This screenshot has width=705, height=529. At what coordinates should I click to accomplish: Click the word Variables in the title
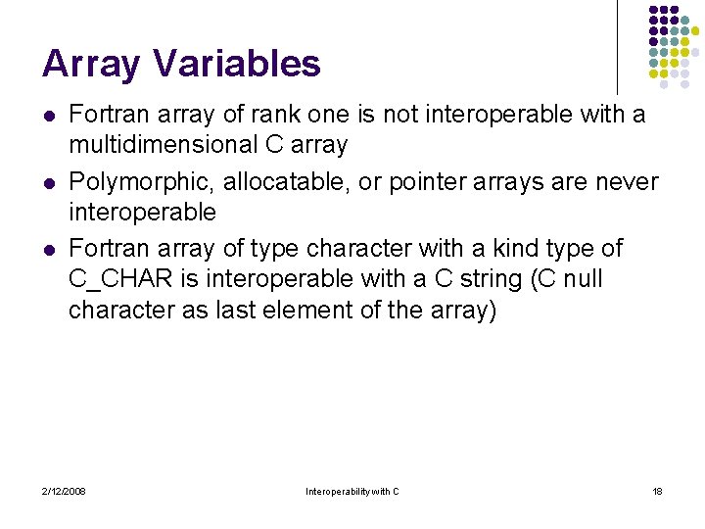[236, 65]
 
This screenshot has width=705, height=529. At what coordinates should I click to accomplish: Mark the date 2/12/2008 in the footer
[64, 491]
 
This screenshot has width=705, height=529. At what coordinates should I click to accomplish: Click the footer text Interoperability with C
[352, 491]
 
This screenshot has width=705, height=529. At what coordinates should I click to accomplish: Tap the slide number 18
[657, 491]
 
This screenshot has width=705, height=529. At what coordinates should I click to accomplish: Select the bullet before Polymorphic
[47, 183]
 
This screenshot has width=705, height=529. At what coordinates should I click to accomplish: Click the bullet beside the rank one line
[47, 116]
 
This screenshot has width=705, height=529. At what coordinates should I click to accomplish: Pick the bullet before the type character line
[47, 250]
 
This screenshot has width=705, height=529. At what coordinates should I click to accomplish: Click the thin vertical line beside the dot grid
[618, 47]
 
